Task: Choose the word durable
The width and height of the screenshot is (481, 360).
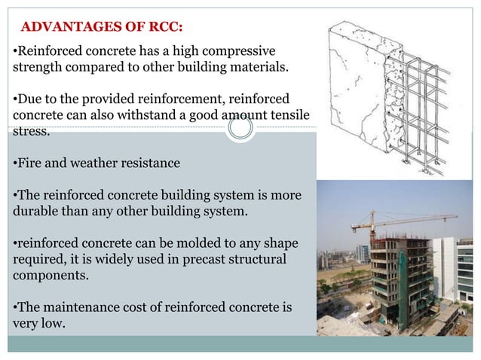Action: point(35,211)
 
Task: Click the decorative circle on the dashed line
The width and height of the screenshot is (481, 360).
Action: point(240,128)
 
